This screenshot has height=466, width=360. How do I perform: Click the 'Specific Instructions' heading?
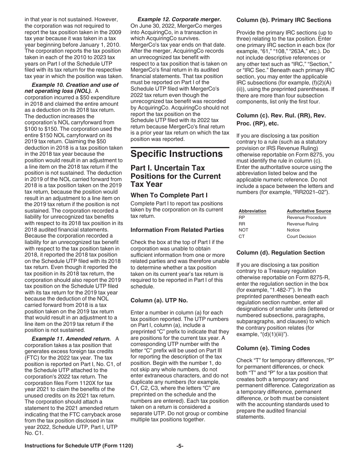[177, 154]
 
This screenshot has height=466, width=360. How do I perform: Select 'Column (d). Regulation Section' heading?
[280, 253]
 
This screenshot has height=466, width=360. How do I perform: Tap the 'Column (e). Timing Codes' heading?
[273, 348]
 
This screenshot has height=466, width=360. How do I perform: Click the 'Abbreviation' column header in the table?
[252, 211]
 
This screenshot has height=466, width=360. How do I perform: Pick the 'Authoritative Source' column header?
[309, 211]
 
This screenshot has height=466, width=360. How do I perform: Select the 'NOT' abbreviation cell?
[243, 230]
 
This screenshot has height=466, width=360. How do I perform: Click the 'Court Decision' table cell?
[301, 236]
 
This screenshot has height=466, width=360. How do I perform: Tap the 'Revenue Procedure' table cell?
[306, 217]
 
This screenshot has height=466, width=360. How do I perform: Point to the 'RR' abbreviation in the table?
[242, 224]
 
